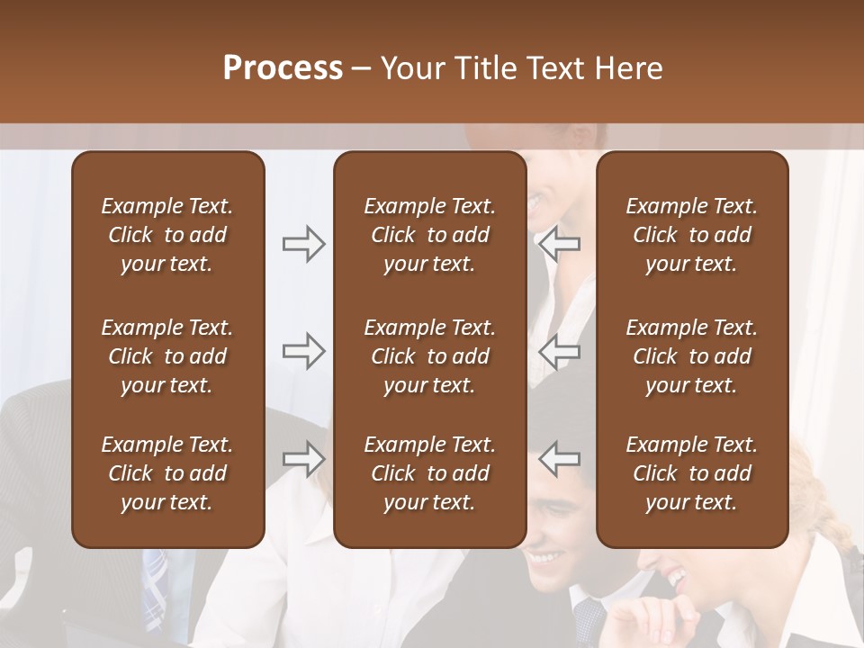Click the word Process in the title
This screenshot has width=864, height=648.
283,68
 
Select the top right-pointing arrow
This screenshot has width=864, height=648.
303,244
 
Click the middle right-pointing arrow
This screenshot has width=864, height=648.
303,351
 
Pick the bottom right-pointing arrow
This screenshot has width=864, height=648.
303,459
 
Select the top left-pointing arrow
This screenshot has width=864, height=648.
559,244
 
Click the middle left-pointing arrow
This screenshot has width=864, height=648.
559,351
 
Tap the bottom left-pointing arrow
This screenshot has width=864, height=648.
559,459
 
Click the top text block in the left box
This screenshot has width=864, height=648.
167,235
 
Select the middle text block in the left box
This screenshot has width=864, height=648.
167,356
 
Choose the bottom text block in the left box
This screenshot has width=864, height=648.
167,473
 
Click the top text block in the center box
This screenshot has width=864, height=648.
429,235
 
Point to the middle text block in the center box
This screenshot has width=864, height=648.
429,356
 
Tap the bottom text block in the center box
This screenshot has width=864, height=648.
429,473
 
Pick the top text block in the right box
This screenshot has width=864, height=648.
691,235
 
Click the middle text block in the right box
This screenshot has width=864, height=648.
691,356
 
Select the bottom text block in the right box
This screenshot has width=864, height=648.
691,473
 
